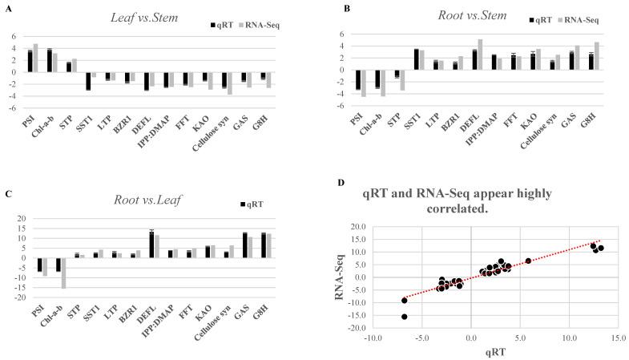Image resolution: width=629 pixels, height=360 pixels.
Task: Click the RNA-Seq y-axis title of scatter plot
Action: point(342,277)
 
